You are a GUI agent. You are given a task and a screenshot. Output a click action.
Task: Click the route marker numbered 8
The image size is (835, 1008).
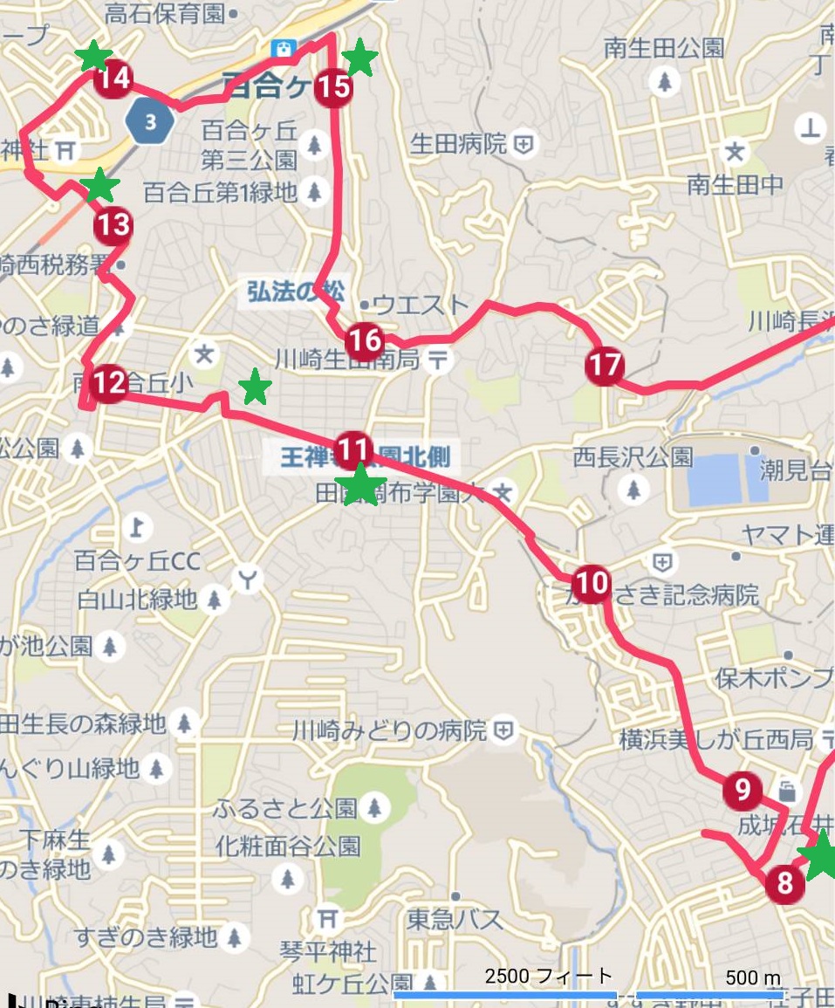[x=784, y=883]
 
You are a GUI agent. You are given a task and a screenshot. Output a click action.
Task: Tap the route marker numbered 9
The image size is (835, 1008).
[x=743, y=791]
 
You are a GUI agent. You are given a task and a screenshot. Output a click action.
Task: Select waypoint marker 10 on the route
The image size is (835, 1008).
[x=592, y=582]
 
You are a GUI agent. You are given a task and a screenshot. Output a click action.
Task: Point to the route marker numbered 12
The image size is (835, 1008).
[x=110, y=383]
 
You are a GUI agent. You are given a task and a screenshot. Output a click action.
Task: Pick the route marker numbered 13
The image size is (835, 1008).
[x=113, y=225]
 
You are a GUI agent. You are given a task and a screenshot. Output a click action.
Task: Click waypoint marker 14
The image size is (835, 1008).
[x=113, y=79]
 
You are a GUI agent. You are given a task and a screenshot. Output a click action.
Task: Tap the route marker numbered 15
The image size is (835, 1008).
[x=332, y=87]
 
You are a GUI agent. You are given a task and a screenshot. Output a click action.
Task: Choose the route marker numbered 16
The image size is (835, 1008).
[x=364, y=340]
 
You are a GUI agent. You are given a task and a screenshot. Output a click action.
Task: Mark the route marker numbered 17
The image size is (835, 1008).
[x=605, y=365]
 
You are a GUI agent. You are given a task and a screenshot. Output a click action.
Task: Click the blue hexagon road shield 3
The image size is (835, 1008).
[x=151, y=122]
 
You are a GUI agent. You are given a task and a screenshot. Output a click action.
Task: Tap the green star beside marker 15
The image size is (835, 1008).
[x=359, y=58]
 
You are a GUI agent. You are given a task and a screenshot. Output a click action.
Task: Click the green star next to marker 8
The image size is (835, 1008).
[x=821, y=857]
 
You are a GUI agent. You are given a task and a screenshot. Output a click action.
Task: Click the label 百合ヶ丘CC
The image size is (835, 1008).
[x=138, y=560]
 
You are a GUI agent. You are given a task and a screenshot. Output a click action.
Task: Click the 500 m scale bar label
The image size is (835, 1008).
[x=752, y=977]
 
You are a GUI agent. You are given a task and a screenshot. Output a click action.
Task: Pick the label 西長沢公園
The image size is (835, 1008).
[x=633, y=456]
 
